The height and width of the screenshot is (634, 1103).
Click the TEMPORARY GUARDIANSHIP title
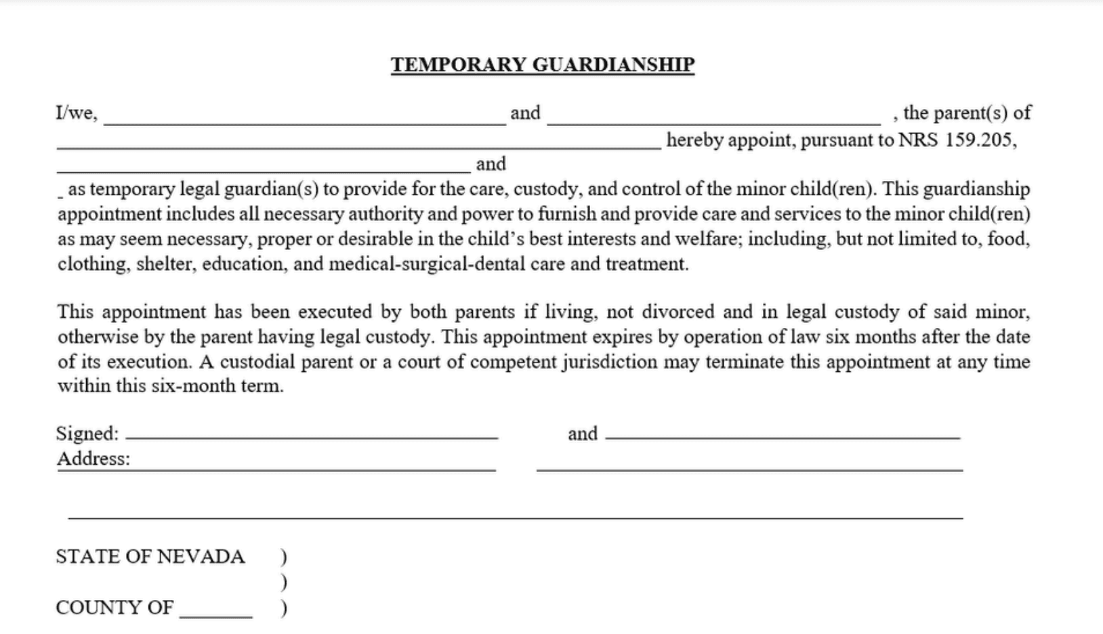pyautogui.click(x=542, y=64)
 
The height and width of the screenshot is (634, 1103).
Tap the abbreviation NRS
pyautogui.click(x=918, y=140)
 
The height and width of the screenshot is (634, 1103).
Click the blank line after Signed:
pyautogui.click(x=312, y=435)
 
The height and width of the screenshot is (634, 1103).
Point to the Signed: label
pyautogui.click(x=87, y=434)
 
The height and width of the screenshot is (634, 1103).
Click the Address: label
pyautogui.click(x=93, y=459)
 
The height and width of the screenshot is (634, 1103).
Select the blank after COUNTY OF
pyautogui.click(x=215, y=612)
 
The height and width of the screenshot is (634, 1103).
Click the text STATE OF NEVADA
pyautogui.click(x=150, y=556)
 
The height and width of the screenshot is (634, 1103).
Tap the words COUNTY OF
pyautogui.click(x=114, y=608)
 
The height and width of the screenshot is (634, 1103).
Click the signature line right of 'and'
pyautogui.click(x=783, y=435)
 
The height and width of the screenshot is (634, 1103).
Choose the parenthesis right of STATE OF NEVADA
pyautogui.click(x=284, y=557)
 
